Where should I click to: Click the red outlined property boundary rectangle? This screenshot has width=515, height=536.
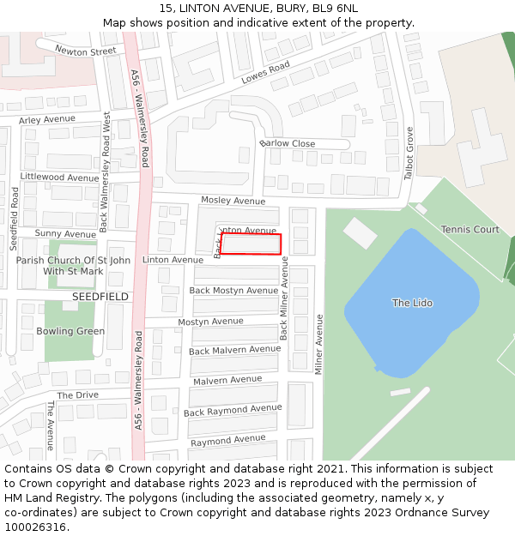pos(251,244)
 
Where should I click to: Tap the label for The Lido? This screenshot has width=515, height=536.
pos(412,303)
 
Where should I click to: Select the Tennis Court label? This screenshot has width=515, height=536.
pos(470,230)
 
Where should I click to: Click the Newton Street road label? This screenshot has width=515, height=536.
pos(85,51)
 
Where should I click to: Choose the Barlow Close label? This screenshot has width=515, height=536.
pos(287,143)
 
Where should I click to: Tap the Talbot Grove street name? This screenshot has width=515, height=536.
pos(409,154)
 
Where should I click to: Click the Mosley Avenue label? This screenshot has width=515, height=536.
pos(233,201)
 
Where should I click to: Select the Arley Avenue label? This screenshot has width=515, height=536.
pos(46,119)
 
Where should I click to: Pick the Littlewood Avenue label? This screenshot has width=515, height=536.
pos(59,178)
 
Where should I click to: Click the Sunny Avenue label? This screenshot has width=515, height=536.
pos(65,234)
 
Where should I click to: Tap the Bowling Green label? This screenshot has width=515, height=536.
pos(70,331)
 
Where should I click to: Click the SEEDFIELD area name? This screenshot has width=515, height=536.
pos(100,297)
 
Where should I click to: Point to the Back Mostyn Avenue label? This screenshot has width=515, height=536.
pos(233,291)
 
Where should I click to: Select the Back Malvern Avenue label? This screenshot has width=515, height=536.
pos(234,350)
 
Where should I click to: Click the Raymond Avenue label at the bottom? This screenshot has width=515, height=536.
pos(227,441)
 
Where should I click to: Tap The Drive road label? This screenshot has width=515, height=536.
pos(78,394)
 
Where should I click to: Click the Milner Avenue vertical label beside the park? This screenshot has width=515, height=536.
pos(318,343)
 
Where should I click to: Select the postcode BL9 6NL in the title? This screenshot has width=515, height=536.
pos(335,9)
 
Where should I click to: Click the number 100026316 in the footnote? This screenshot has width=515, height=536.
pos(35,527)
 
